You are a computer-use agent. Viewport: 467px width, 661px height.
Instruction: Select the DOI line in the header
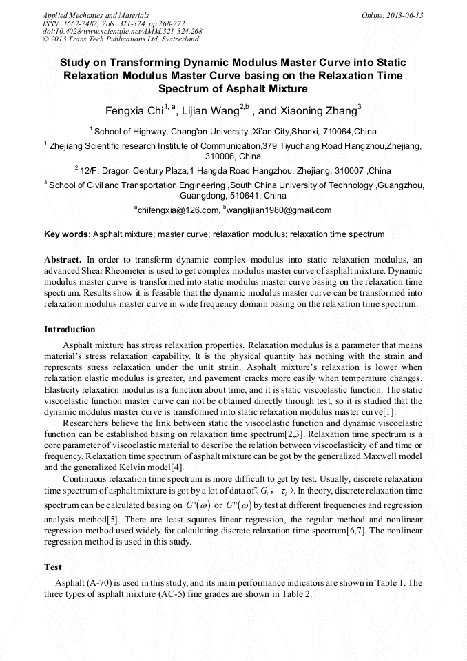click(x=123, y=31)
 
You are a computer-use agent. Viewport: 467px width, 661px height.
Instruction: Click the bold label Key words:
click(x=67, y=234)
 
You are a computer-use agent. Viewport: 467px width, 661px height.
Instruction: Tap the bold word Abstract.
click(x=63, y=259)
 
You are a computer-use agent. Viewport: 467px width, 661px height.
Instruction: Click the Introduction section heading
click(x=70, y=329)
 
